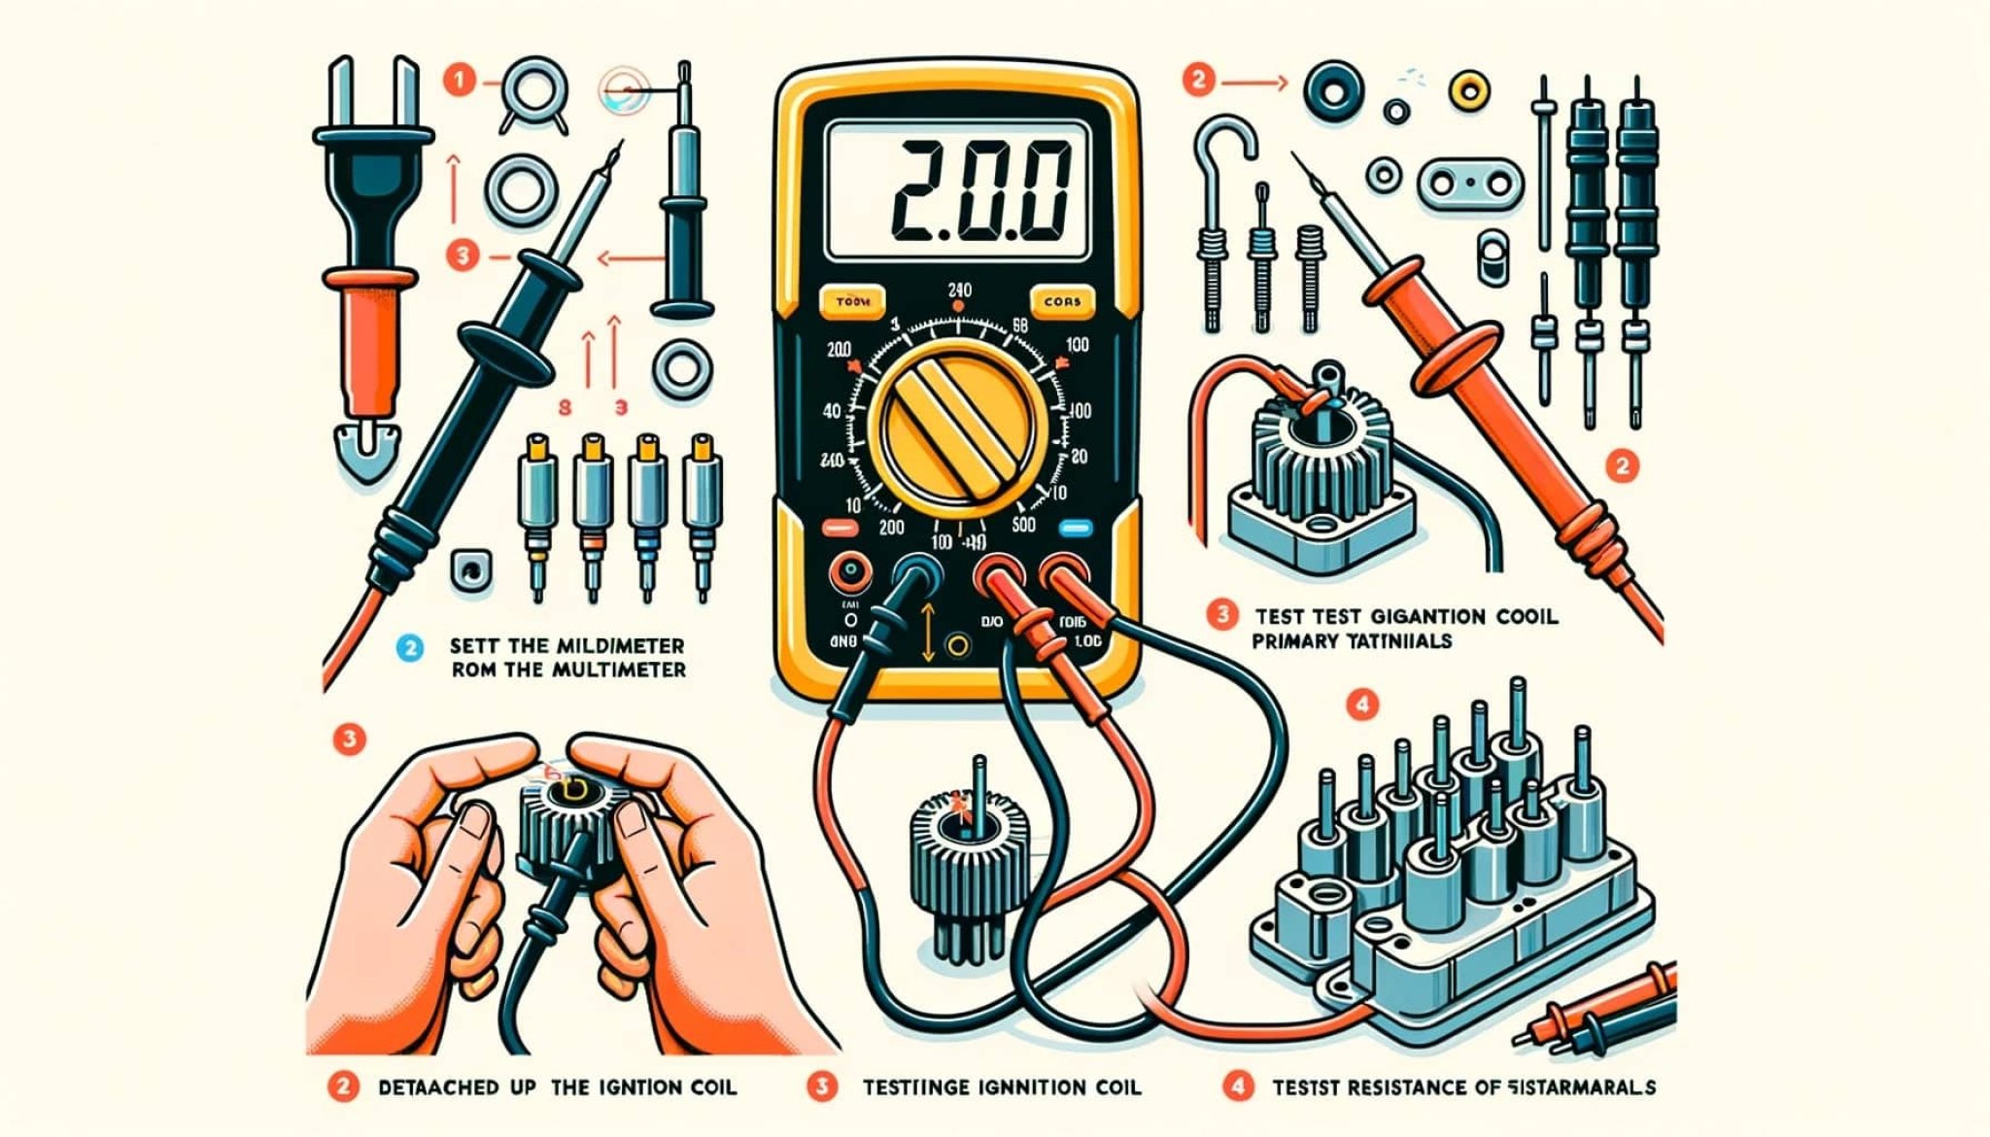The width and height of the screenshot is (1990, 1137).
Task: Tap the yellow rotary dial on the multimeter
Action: click(x=957, y=429)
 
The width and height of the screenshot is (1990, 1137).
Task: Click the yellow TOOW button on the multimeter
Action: click(x=852, y=302)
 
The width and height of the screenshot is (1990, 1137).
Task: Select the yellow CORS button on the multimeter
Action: click(x=1061, y=302)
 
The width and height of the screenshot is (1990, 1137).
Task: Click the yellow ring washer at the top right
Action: click(x=1468, y=91)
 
